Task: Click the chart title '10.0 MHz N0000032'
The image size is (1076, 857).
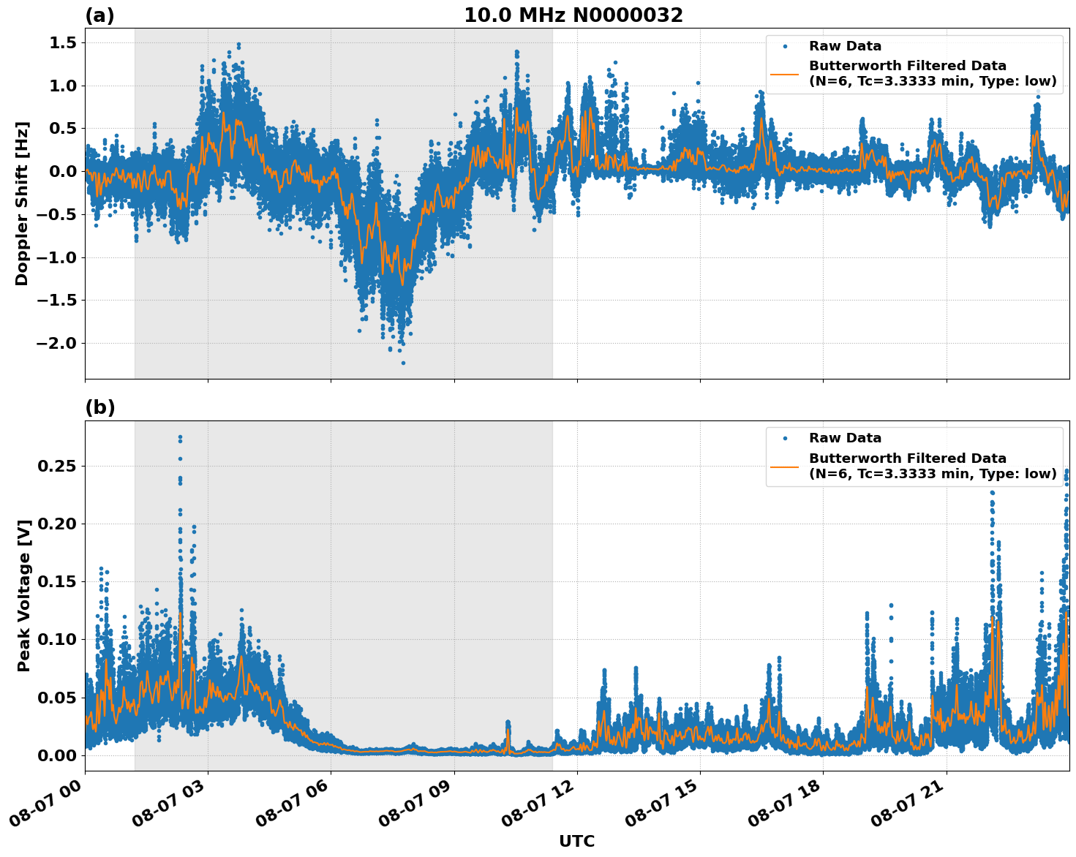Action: pos(573,15)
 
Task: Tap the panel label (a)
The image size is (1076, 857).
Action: pos(99,15)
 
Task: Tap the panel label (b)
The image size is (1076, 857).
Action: pos(99,408)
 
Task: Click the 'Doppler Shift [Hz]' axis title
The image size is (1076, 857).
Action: pos(22,203)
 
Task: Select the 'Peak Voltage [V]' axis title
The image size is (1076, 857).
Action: pos(24,595)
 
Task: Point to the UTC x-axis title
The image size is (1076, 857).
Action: pos(576,841)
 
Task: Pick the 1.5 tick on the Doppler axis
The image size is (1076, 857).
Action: pos(62,43)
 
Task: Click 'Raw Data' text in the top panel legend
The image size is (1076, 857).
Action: pos(845,46)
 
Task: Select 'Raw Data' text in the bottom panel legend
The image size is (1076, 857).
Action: pos(845,438)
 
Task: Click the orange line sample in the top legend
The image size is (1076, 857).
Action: pos(784,74)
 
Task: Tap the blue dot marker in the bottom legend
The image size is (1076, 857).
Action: pos(784,438)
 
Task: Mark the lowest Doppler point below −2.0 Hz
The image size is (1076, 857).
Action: pos(403,363)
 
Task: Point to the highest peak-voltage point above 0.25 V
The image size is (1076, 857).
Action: pos(180,437)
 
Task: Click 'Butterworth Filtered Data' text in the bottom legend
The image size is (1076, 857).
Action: pos(907,458)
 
